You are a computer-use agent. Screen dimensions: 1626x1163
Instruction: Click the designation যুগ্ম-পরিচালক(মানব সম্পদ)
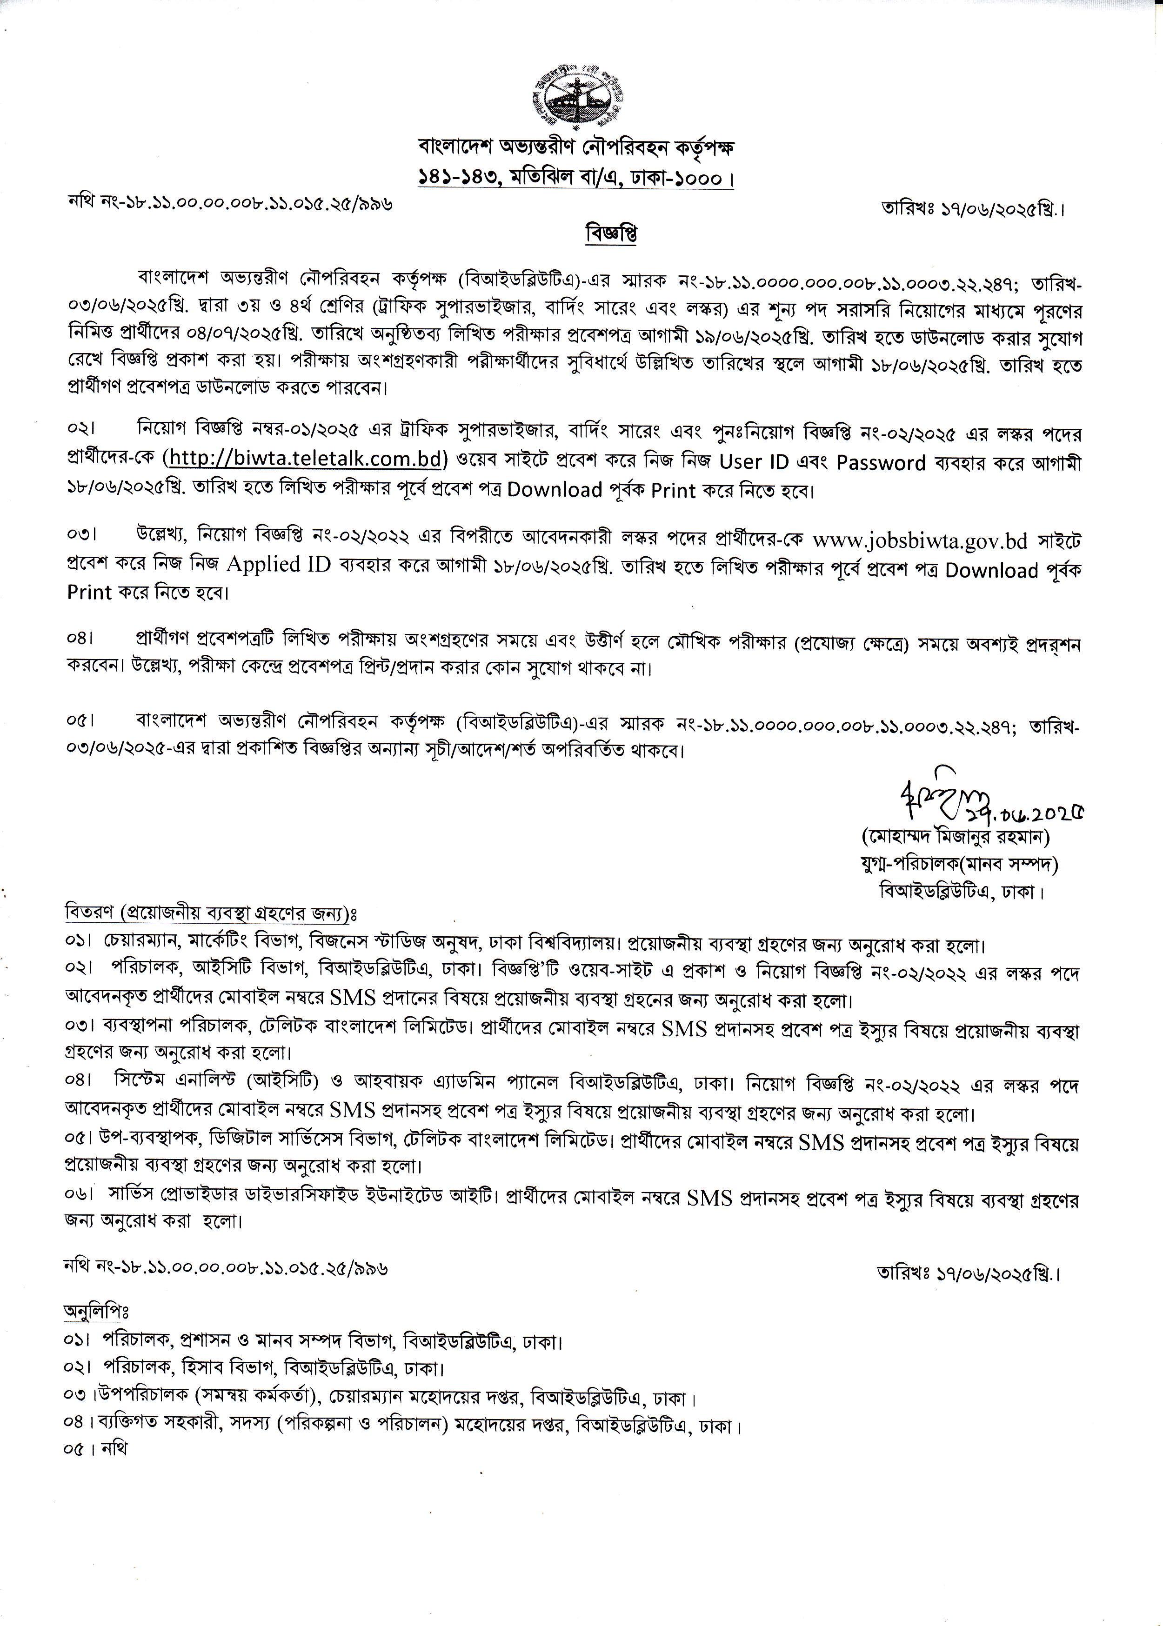[960, 864]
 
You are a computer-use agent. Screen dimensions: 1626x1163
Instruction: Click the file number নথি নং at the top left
[230, 203]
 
